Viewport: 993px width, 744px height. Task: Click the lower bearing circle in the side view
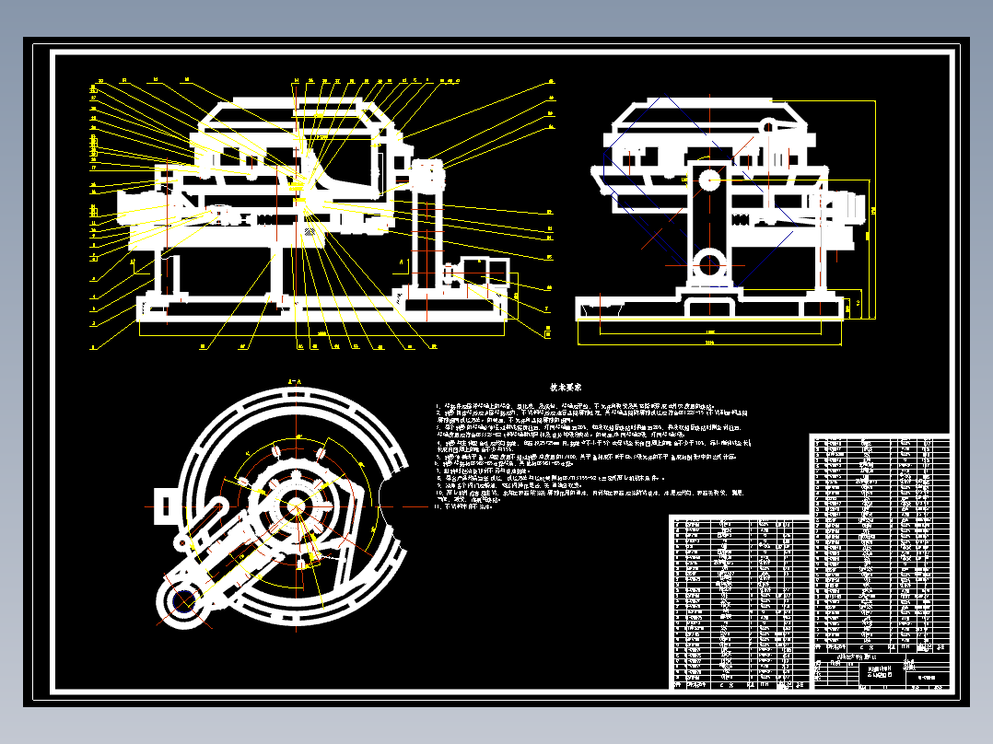tap(709, 262)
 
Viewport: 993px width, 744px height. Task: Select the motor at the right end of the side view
tap(846, 205)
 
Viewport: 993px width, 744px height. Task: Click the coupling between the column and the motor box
tap(451, 273)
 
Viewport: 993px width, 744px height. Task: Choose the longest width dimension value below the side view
tap(709, 343)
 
